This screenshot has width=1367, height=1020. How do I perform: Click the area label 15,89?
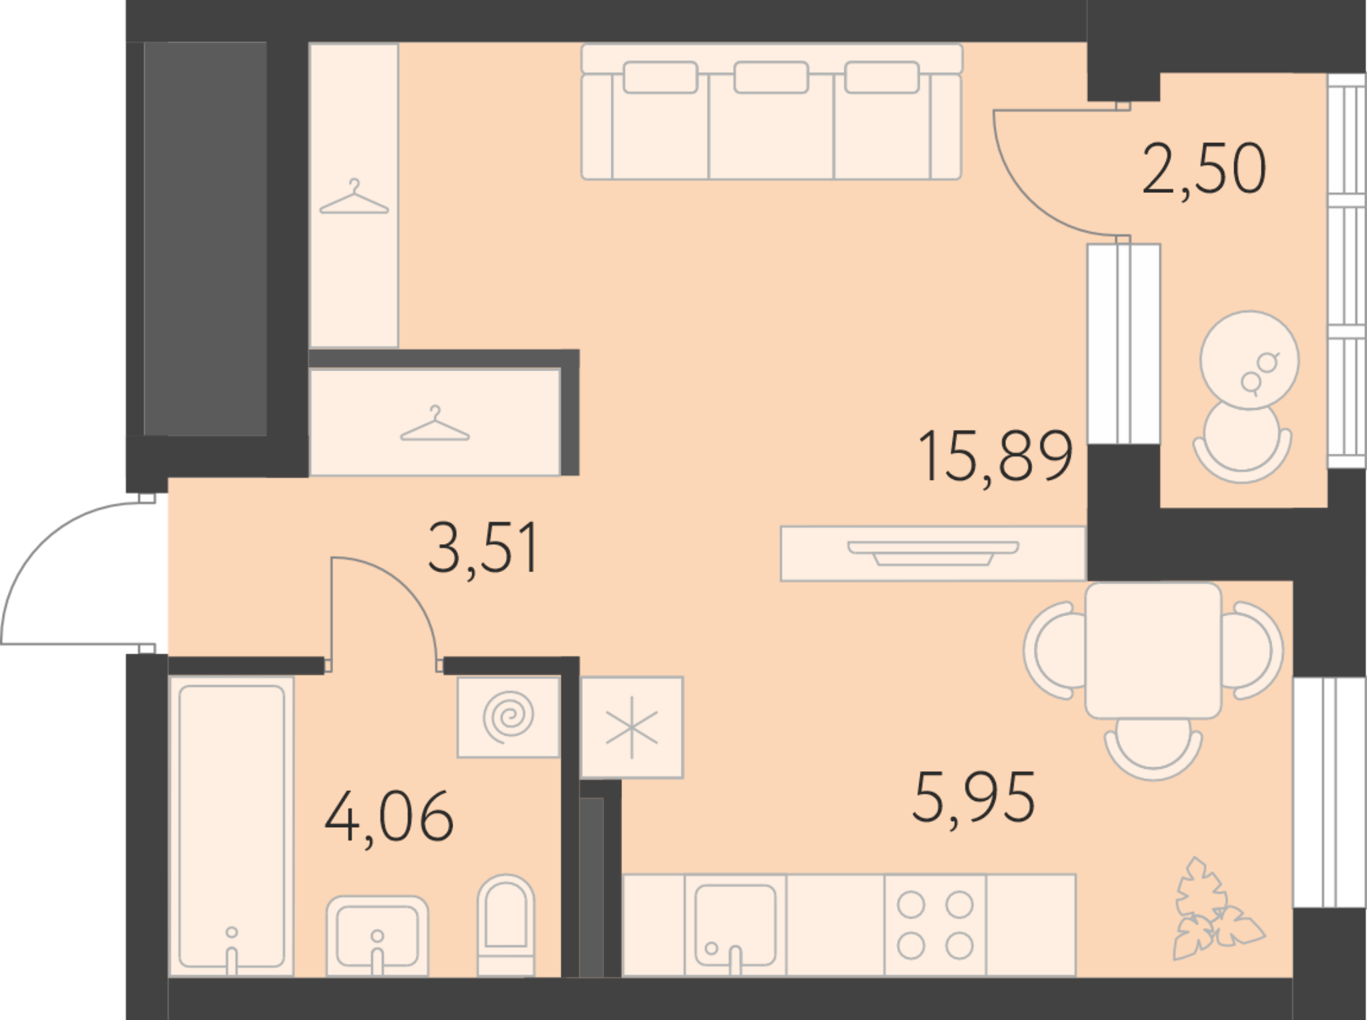(x=995, y=457)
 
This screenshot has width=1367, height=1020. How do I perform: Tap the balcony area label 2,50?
(x=1204, y=170)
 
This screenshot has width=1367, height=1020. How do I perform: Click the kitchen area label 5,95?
(x=973, y=799)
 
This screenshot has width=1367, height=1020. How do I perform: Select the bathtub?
(x=232, y=826)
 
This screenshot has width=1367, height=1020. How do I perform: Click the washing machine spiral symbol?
(x=508, y=718)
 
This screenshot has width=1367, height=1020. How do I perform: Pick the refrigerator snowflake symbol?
(x=631, y=728)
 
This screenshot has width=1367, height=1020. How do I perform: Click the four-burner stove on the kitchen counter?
(x=935, y=925)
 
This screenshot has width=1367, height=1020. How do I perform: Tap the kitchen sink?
(x=735, y=925)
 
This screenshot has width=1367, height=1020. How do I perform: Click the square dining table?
(x=1153, y=650)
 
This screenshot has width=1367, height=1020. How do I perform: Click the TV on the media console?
(x=932, y=553)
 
